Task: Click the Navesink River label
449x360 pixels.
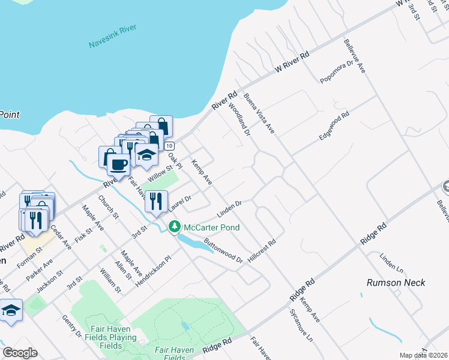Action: [113, 37]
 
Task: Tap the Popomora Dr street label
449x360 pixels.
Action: [338, 71]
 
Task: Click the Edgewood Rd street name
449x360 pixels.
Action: [334, 127]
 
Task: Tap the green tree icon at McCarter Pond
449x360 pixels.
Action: [174, 227]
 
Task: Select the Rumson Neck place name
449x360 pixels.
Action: [396, 283]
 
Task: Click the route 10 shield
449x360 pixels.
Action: [169, 146]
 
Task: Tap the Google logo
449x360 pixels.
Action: [20, 353]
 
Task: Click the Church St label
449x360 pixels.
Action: [109, 207]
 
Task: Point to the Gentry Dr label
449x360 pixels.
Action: [71, 328]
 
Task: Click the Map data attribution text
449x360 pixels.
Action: [424, 355]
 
